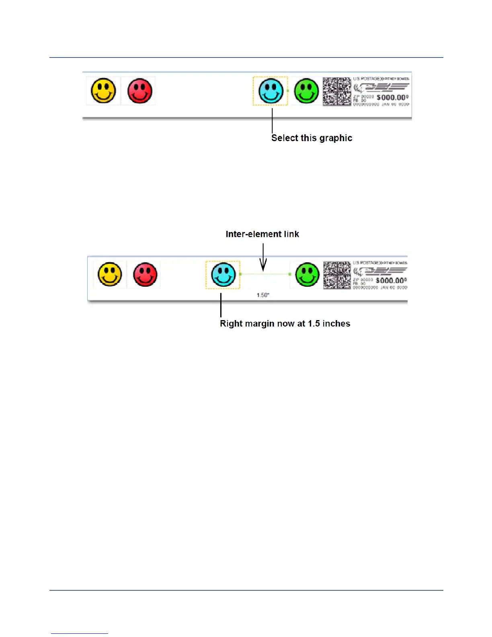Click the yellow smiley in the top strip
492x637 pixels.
(104, 90)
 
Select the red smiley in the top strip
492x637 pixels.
(140, 91)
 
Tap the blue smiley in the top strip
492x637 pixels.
(271, 91)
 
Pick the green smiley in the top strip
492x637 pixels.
(306, 91)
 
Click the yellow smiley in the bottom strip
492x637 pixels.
(110, 274)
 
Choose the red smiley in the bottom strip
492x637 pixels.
(145, 275)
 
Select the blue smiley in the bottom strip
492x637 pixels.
(223, 274)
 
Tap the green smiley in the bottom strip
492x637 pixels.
(307, 275)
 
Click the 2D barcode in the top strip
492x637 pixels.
(337, 91)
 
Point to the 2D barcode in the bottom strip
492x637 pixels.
(337, 275)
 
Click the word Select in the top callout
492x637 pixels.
(285, 138)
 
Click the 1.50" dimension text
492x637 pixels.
(263, 295)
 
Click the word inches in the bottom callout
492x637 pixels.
(336, 324)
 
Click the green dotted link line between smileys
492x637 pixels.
(265, 274)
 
